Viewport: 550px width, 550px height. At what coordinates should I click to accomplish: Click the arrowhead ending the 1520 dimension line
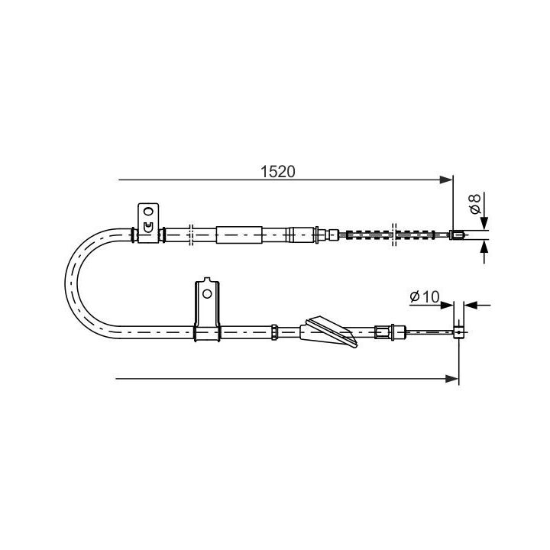coord(448,180)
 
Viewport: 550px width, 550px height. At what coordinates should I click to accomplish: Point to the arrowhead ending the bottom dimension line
coord(453,378)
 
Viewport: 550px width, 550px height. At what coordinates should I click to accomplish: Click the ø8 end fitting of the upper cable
coord(457,235)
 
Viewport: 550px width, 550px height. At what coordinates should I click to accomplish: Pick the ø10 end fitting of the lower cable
coord(459,332)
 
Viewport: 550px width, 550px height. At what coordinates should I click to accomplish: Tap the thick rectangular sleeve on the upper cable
coord(239,235)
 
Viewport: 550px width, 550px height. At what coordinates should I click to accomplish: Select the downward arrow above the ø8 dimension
coord(484,221)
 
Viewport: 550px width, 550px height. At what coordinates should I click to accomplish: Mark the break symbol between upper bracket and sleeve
coord(191,235)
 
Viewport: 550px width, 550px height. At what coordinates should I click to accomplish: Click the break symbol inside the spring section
coord(394,235)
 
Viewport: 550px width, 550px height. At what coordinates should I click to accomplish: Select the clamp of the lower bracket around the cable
coord(206,332)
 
